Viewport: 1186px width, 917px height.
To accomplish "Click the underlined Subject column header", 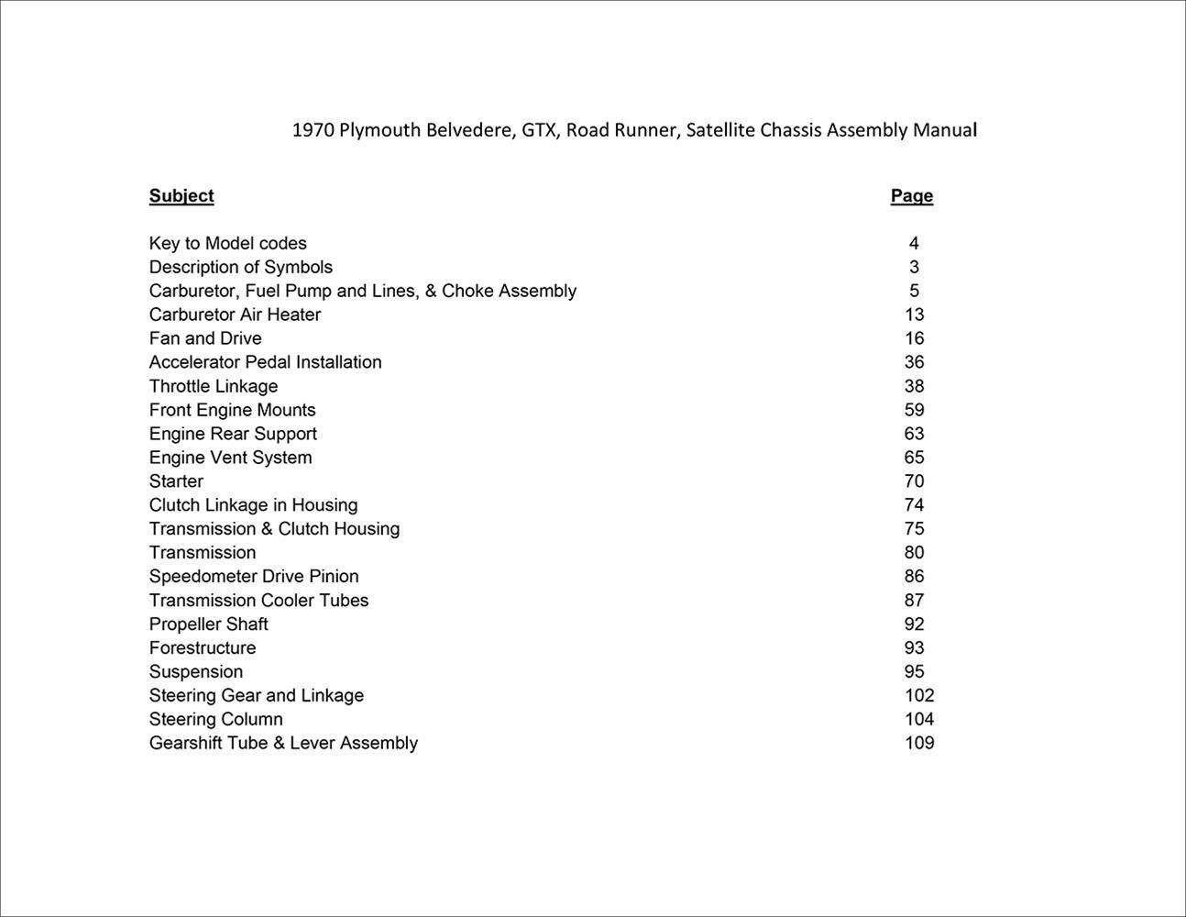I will pyautogui.click(x=181, y=195).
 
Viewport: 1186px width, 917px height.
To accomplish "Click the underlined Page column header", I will pyautogui.click(x=911, y=195).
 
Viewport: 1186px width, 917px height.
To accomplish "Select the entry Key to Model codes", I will pyautogui.click(x=227, y=243).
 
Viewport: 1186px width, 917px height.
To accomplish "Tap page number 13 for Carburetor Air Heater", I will pyautogui.click(x=914, y=315).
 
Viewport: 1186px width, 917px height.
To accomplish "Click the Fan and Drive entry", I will pyautogui.click(x=205, y=338).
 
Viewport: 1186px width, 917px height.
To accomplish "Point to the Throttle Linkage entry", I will pyautogui.click(x=213, y=386).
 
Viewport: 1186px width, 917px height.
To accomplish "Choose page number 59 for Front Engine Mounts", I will pyautogui.click(x=914, y=410).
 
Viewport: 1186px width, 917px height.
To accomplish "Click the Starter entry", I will pyautogui.click(x=176, y=481).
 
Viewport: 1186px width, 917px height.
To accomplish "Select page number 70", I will pyautogui.click(x=914, y=481).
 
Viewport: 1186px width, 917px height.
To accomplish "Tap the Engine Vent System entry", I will pyautogui.click(x=230, y=458).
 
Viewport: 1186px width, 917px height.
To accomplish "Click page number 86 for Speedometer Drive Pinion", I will pyautogui.click(x=914, y=576).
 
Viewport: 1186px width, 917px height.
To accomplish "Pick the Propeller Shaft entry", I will pyautogui.click(x=208, y=624).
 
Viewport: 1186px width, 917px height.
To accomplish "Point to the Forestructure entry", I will pyautogui.click(x=203, y=647).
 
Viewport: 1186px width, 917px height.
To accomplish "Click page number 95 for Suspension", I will pyautogui.click(x=914, y=671).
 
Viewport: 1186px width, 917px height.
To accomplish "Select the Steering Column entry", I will pyautogui.click(x=215, y=719).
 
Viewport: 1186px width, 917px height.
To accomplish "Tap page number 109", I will pyautogui.click(x=919, y=743).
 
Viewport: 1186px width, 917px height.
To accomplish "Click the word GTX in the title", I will pyautogui.click(x=538, y=130).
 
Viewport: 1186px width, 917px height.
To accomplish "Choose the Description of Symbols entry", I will pyautogui.click(x=240, y=267).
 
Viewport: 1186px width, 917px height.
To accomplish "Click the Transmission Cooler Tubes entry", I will pyautogui.click(x=258, y=600).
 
